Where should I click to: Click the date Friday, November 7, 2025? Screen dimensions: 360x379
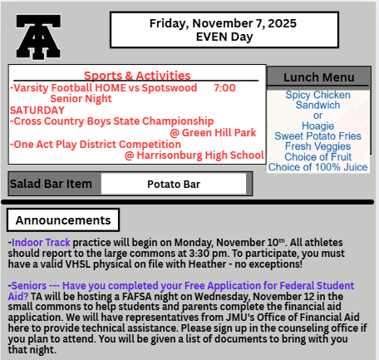[212, 22]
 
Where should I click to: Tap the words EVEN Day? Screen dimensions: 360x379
[212, 37]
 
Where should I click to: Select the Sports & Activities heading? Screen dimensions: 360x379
[137, 76]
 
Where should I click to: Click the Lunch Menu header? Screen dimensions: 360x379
[318, 76]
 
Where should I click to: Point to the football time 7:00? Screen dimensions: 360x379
[224, 87]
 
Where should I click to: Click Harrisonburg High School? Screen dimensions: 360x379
[194, 155]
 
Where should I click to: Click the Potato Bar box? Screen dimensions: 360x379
[174, 184]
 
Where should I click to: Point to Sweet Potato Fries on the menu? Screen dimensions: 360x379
[318, 136]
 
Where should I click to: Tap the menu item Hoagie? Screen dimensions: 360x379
[318, 126]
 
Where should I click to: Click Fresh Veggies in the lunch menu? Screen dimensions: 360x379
[318, 147]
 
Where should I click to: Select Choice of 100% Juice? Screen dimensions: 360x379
[318, 168]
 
